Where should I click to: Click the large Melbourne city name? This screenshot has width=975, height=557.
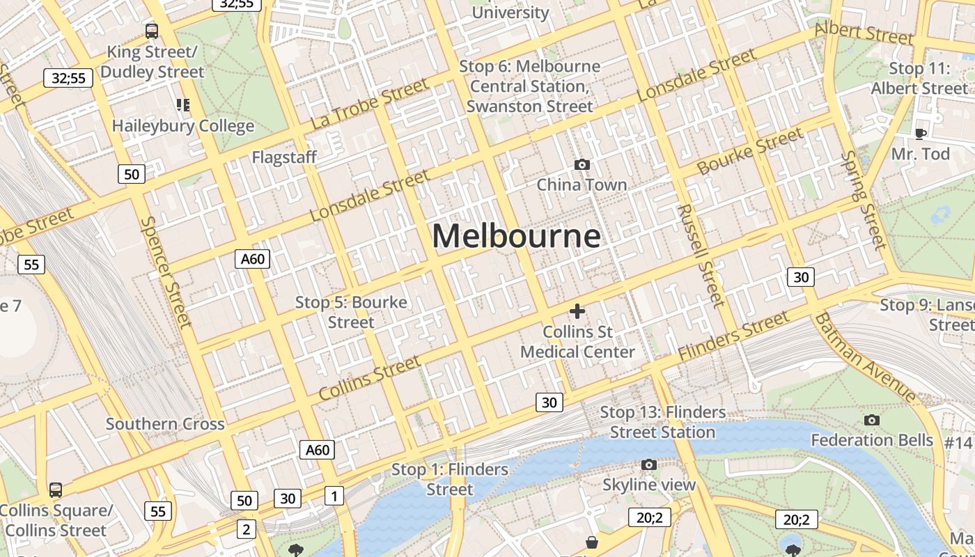516,236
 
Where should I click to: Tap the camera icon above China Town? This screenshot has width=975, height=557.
582,164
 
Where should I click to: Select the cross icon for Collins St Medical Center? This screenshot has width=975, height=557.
577,311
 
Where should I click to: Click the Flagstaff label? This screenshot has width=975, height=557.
284,157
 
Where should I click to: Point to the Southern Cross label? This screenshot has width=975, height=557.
165,424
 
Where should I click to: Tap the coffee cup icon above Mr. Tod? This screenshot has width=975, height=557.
921,134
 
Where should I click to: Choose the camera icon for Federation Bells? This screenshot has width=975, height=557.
871,420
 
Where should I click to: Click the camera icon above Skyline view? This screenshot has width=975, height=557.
648,464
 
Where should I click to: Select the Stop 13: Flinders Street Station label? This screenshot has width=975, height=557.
662,422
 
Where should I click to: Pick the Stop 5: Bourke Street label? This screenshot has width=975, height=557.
351,312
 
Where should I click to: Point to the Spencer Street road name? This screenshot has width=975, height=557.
166,272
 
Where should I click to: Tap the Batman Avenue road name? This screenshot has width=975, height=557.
867,357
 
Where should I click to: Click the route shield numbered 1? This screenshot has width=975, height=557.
334,496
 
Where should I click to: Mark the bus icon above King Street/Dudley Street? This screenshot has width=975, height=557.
151,31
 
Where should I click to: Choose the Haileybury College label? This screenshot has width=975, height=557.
183,126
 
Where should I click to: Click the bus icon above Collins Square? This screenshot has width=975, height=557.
55,489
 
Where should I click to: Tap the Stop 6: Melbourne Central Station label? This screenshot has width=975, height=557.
530,86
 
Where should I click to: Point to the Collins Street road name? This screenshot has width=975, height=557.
369,377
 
